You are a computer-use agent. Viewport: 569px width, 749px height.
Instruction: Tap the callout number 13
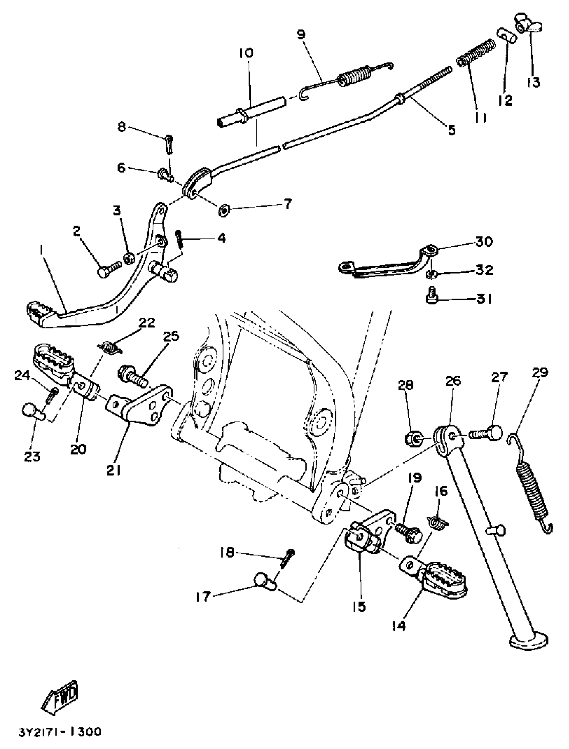pos(534,82)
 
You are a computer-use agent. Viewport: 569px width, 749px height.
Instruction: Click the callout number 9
pos(301,35)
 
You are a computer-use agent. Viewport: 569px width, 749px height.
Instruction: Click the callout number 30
pos(484,242)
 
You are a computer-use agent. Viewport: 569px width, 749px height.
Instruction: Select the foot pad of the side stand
pos(529,640)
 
